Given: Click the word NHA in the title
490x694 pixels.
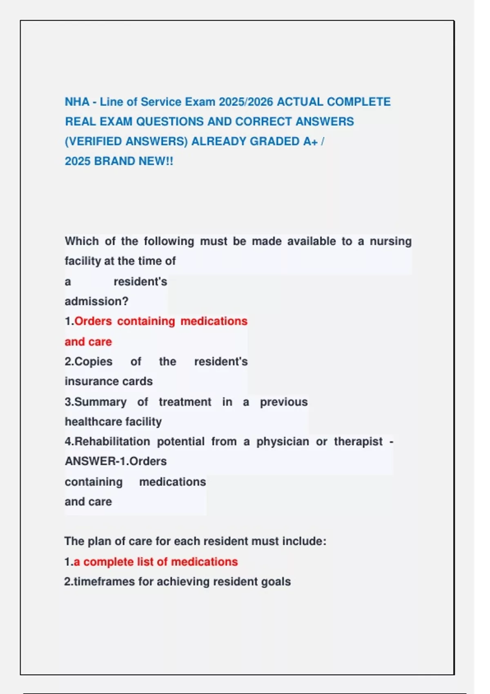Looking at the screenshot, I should point(77,102).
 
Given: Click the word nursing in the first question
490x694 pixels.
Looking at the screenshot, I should point(390,241).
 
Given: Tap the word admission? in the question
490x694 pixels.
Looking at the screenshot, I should point(96,301).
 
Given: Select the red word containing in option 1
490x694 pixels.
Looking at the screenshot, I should point(146,321).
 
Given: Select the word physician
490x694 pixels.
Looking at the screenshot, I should point(283,442).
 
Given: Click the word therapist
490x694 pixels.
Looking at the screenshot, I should point(358,442).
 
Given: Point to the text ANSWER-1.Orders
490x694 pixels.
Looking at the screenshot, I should point(116,461).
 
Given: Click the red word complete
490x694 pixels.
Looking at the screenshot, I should point(108,562).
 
